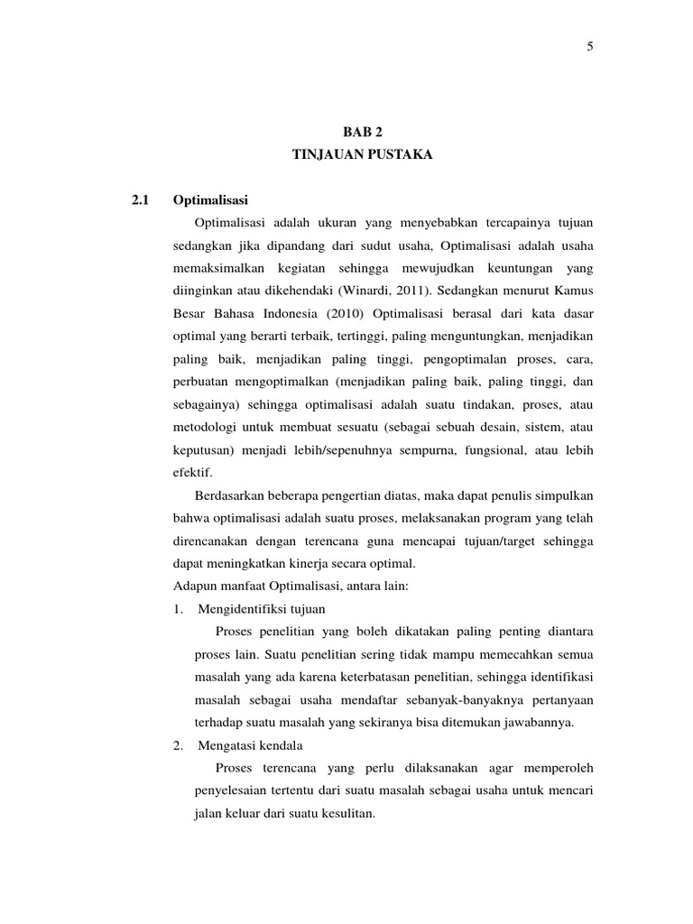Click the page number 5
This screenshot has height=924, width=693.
(589, 48)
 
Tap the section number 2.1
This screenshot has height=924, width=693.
(140, 199)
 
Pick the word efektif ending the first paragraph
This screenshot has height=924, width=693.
(190, 471)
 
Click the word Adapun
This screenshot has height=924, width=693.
(193, 586)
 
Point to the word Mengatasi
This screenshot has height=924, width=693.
(226, 745)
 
